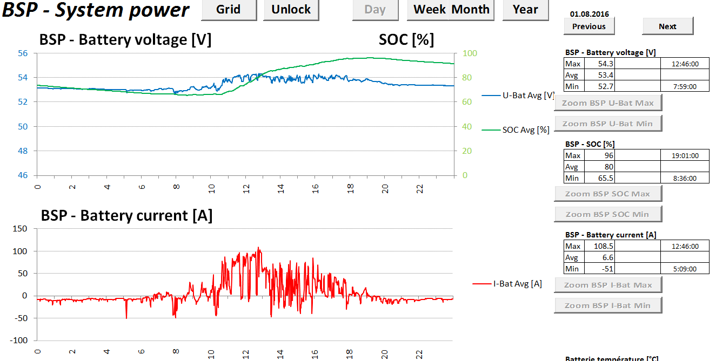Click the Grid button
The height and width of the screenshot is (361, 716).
click(x=229, y=10)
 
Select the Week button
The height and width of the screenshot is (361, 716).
click(x=430, y=10)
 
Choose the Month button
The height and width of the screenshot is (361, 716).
click(x=471, y=10)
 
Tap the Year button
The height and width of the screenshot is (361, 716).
click(x=525, y=10)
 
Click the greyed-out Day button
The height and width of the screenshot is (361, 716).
click(x=375, y=10)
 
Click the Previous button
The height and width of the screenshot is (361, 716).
click(x=589, y=26)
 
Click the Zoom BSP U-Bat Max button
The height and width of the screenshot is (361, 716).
click(x=608, y=103)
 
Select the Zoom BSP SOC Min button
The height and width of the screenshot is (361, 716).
click(x=608, y=214)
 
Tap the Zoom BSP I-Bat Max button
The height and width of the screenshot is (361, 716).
click(x=608, y=285)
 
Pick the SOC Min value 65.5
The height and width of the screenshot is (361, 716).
click(x=604, y=178)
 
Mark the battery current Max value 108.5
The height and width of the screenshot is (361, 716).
click(x=604, y=246)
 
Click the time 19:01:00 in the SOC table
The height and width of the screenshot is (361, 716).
click(x=685, y=155)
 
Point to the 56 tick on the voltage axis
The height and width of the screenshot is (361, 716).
click(x=23, y=53)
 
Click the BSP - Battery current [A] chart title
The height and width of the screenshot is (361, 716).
click(x=126, y=216)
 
